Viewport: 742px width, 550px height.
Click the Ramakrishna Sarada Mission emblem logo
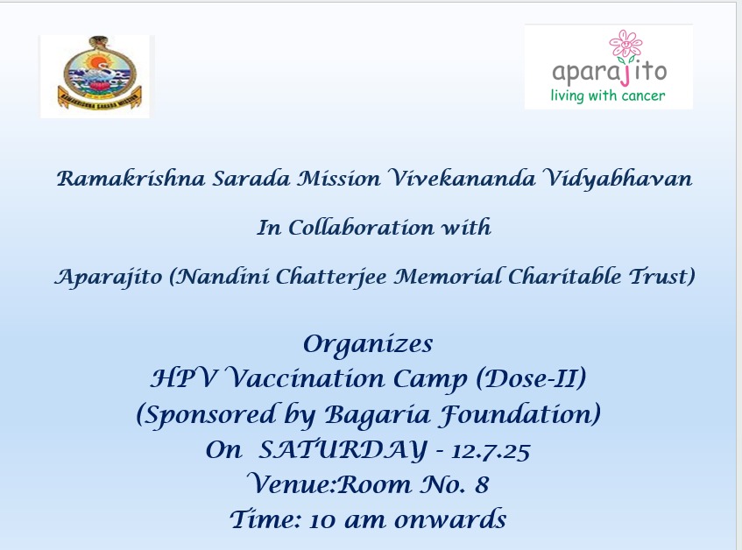(x=99, y=74)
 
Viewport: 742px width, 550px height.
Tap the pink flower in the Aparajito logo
(x=625, y=45)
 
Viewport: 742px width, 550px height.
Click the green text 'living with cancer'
(x=608, y=95)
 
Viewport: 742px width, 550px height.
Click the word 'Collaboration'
(x=361, y=228)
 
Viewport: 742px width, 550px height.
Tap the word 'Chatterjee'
(x=331, y=276)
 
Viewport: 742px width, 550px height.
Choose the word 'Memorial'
(x=448, y=276)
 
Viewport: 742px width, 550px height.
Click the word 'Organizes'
(x=368, y=344)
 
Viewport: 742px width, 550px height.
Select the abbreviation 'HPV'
(x=184, y=378)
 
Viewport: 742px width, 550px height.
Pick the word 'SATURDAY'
(x=343, y=449)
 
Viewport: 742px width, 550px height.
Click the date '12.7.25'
(x=491, y=451)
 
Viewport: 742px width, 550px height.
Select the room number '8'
(x=482, y=484)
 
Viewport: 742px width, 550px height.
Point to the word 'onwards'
(x=450, y=519)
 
